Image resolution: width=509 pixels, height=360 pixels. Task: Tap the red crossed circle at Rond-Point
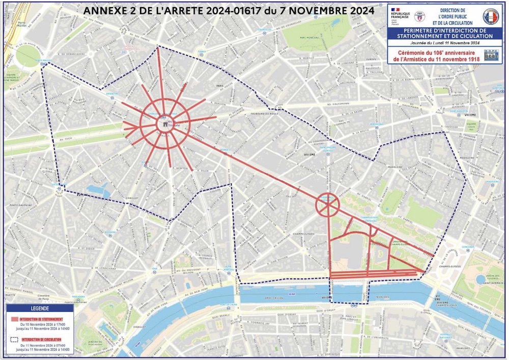[x=327, y=205]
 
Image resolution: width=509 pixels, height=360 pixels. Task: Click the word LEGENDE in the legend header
[x=40, y=309]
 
